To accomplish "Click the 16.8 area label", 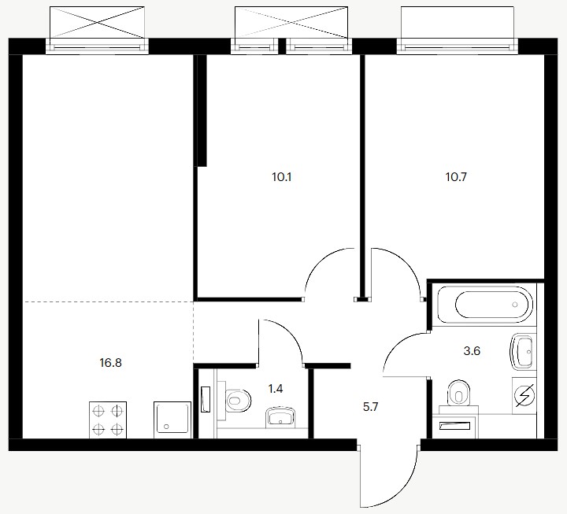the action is pos(111,363).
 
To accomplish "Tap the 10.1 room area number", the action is pos(282,177).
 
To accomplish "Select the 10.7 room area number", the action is pos(456,177).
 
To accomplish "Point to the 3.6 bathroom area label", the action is pos(472,350).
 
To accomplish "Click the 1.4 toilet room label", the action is pos(275,389).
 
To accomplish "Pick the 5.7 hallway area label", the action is pos(370,408).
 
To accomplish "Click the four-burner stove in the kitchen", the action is pos(108,420).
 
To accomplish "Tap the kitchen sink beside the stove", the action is pos(172,420).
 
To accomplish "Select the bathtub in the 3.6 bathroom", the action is pos(485,305).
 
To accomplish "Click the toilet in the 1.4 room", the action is pos(237,401).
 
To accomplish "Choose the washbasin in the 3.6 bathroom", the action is pos(521,350).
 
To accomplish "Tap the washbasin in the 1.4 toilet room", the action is pos(281,417).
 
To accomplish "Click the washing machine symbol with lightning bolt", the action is pos(524,395).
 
